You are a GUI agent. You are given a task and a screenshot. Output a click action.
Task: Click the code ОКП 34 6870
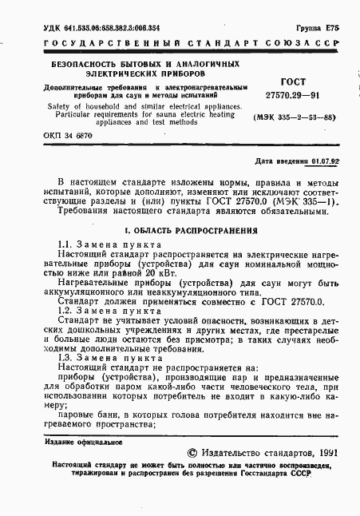tap(69, 136)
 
